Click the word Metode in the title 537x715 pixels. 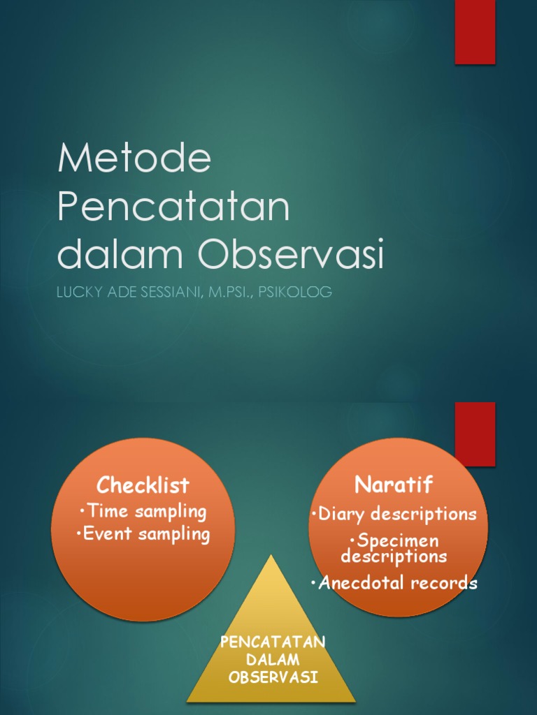point(134,159)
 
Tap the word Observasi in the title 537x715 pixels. point(291,255)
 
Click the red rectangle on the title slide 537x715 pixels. point(475,31)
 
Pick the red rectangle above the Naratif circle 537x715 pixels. point(475,433)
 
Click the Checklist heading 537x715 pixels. point(143,485)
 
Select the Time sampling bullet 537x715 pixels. point(143,511)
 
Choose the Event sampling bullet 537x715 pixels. point(143,535)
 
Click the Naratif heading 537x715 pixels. point(394,484)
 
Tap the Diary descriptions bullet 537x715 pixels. point(394,515)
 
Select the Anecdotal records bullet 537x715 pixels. point(394,583)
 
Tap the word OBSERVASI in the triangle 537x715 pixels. point(273,677)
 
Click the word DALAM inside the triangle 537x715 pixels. point(273,660)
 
